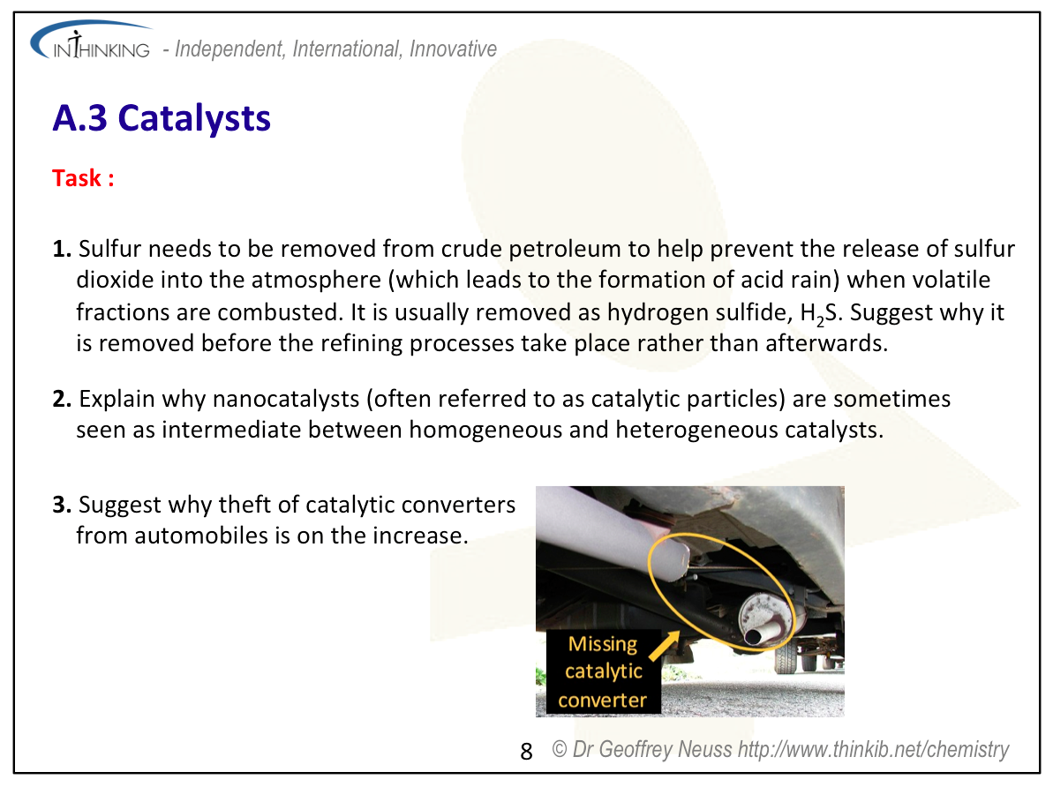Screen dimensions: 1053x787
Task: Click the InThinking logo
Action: pos(91,41)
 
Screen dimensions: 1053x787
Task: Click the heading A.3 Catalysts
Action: pos(162,118)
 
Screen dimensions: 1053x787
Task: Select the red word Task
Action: pos(77,178)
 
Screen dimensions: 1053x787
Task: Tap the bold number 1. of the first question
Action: pos(62,249)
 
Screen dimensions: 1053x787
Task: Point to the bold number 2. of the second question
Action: pos(62,399)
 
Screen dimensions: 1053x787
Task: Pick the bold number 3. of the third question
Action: pos(62,505)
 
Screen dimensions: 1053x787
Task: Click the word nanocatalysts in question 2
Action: pos(286,399)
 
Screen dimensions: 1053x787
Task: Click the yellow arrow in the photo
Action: pos(664,646)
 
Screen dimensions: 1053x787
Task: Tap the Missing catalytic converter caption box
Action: pos(603,671)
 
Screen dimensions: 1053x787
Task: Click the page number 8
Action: pos(526,752)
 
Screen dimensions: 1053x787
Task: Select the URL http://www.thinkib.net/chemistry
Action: pos(873,749)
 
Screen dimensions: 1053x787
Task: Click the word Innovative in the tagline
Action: pos(454,49)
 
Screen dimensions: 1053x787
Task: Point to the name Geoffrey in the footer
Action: pos(636,749)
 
